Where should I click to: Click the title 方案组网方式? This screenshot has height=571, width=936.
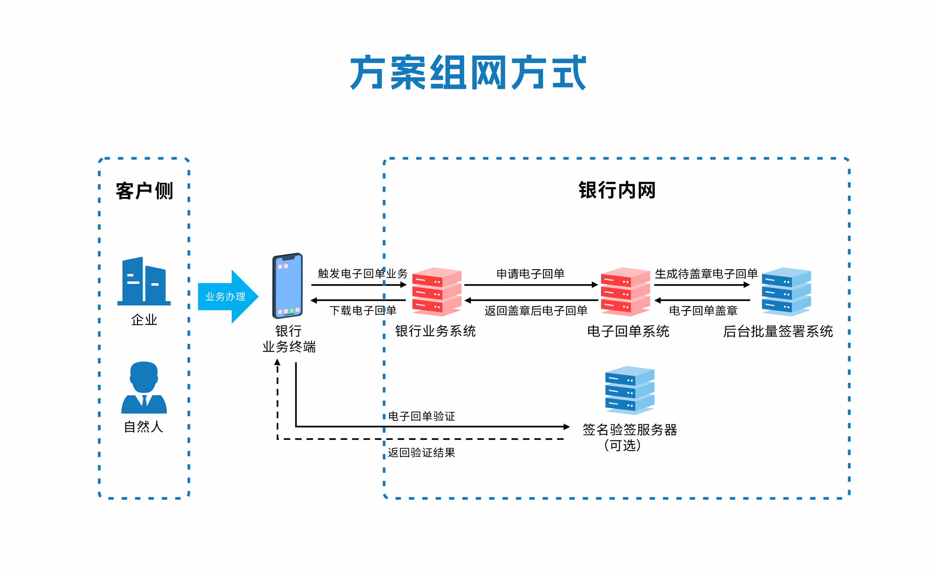click(468, 73)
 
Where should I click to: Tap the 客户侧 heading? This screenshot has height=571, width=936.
click(144, 191)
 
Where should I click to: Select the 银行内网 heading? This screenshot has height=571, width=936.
click(617, 190)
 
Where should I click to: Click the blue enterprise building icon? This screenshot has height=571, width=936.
click(144, 281)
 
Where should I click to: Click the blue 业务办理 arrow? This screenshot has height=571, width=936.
click(227, 296)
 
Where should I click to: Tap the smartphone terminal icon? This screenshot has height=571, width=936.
click(288, 286)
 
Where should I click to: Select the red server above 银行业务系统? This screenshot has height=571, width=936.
click(436, 292)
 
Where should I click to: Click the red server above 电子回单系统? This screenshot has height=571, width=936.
click(625, 292)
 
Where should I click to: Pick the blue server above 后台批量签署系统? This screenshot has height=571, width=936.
click(786, 292)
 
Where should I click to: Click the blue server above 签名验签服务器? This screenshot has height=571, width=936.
click(629, 391)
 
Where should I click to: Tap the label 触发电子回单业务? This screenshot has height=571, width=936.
click(362, 274)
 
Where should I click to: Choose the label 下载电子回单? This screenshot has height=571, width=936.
click(363, 311)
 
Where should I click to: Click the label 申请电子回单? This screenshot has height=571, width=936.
click(530, 274)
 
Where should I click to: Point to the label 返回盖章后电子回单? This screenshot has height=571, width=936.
click(536, 311)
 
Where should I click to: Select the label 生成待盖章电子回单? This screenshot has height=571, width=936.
click(706, 274)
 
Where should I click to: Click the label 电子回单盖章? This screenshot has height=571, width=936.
click(703, 311)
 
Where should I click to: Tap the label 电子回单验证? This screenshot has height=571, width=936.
click(422, 416)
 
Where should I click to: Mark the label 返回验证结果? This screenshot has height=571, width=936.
click(422, 453)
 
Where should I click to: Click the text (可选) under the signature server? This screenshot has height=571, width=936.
click(623, 445)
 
